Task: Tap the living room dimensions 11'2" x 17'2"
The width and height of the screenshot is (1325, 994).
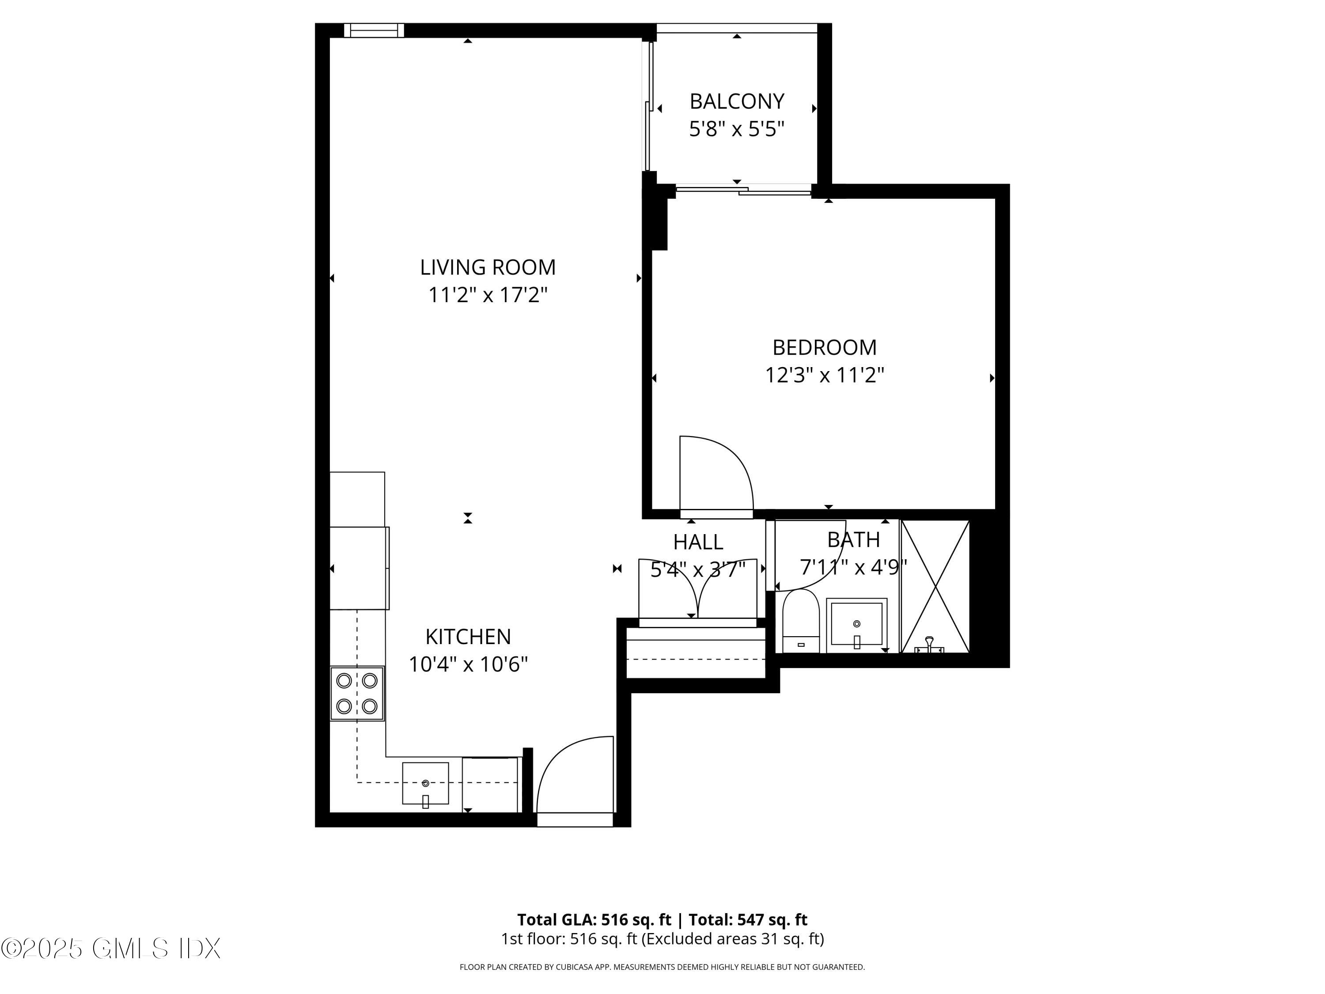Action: point(488,295)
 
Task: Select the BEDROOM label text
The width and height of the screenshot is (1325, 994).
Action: point(824,348)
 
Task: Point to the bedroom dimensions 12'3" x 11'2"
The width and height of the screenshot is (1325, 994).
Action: point(824,376)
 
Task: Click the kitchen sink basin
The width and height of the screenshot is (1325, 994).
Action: point(425,784)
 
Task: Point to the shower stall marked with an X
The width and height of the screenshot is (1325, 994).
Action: point(935,586)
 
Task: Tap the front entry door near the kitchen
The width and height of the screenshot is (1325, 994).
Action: point(575,779)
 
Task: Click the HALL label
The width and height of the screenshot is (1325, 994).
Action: point(698,542)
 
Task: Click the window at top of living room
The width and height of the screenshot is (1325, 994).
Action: point(374,30)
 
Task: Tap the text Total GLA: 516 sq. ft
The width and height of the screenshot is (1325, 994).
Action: point(594,920)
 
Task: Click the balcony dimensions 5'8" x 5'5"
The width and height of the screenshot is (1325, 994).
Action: point(736,129)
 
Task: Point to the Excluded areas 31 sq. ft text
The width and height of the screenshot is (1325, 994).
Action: point(733,939)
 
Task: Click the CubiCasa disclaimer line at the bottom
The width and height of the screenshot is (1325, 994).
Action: point(662,967)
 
